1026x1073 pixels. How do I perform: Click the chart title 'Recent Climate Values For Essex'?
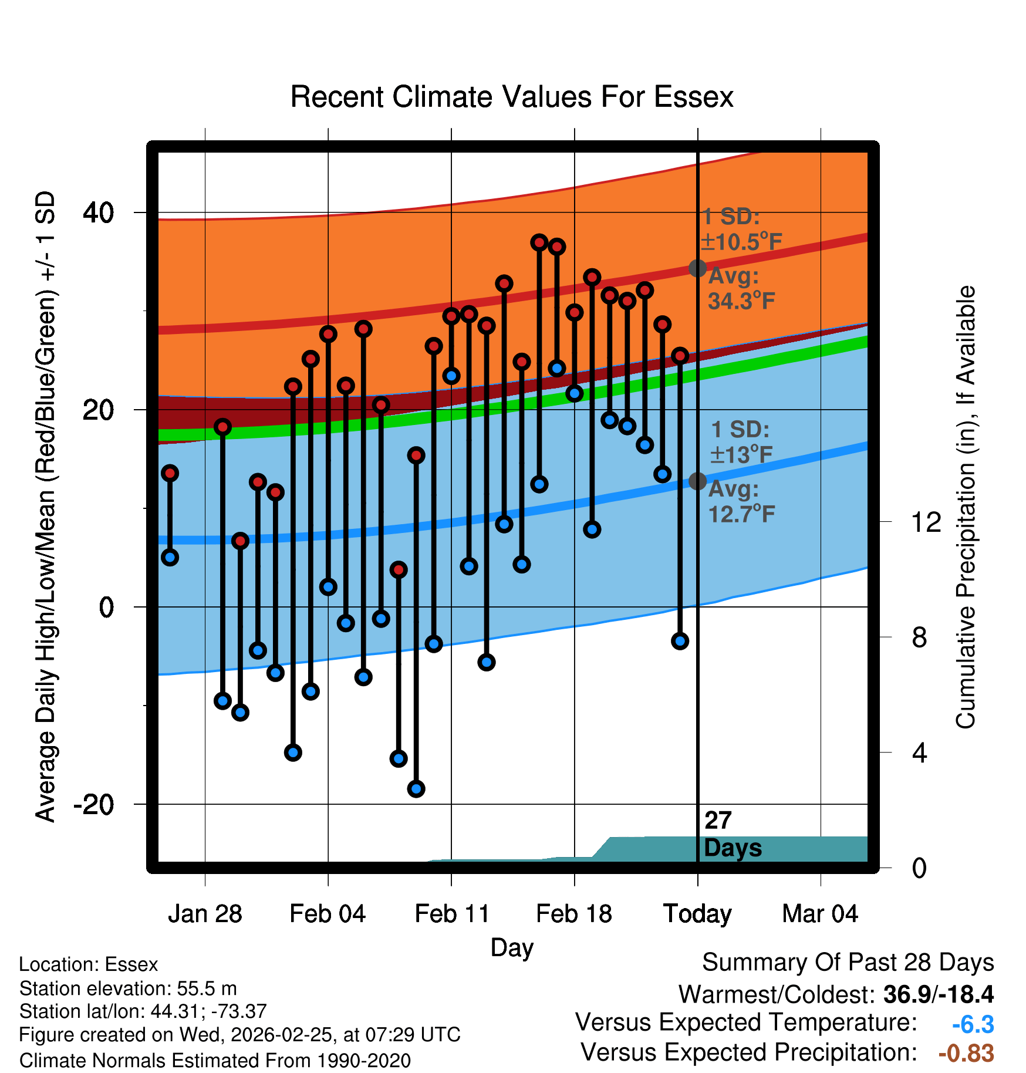pyautogui.click(x=512, y=97)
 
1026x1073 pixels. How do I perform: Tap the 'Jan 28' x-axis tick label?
pyautogui.click(x=205, y=914)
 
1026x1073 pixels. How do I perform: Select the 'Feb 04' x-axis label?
pyautogui.click(x=328, y=914)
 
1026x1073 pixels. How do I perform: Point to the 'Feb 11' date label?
pyautogui.click(x=451, y=914)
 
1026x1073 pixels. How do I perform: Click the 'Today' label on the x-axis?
pyautogui.click(x=697, y=914)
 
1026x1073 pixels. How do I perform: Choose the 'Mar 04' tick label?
pyautogui.click(x=820, y=914)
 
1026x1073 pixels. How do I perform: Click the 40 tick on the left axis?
pyautogui.click(x=99, y=212)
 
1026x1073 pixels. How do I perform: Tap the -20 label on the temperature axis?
pyautogui.click(x=93, y=804)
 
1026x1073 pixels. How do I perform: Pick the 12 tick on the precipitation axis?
pyautogui.click(x=926, y=522)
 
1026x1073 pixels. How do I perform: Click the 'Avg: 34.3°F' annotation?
pyautogui.click(x=741, y=288)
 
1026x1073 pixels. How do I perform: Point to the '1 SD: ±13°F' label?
pyautogui.click(x=741, y=442)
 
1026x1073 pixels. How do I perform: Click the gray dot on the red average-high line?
pyautogui.click(x=697, y=268)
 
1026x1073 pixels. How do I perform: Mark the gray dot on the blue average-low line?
pyautogui.click(x=697, y=481)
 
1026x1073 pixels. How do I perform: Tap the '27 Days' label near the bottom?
pyautogui.click(x=732, y=834)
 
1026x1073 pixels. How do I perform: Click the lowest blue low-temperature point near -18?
pyautogui.click(x=416, y=789)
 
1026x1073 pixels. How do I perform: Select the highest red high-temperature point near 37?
pyautogui.click(x=539, y=242)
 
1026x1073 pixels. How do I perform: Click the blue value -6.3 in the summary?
pyautogui.click(x=973, y=1025)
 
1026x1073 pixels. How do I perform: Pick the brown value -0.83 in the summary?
pyautogui.click(x=966, y=1054)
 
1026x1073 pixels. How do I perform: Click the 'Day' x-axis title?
pyautogui.click(x=512, y=947)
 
